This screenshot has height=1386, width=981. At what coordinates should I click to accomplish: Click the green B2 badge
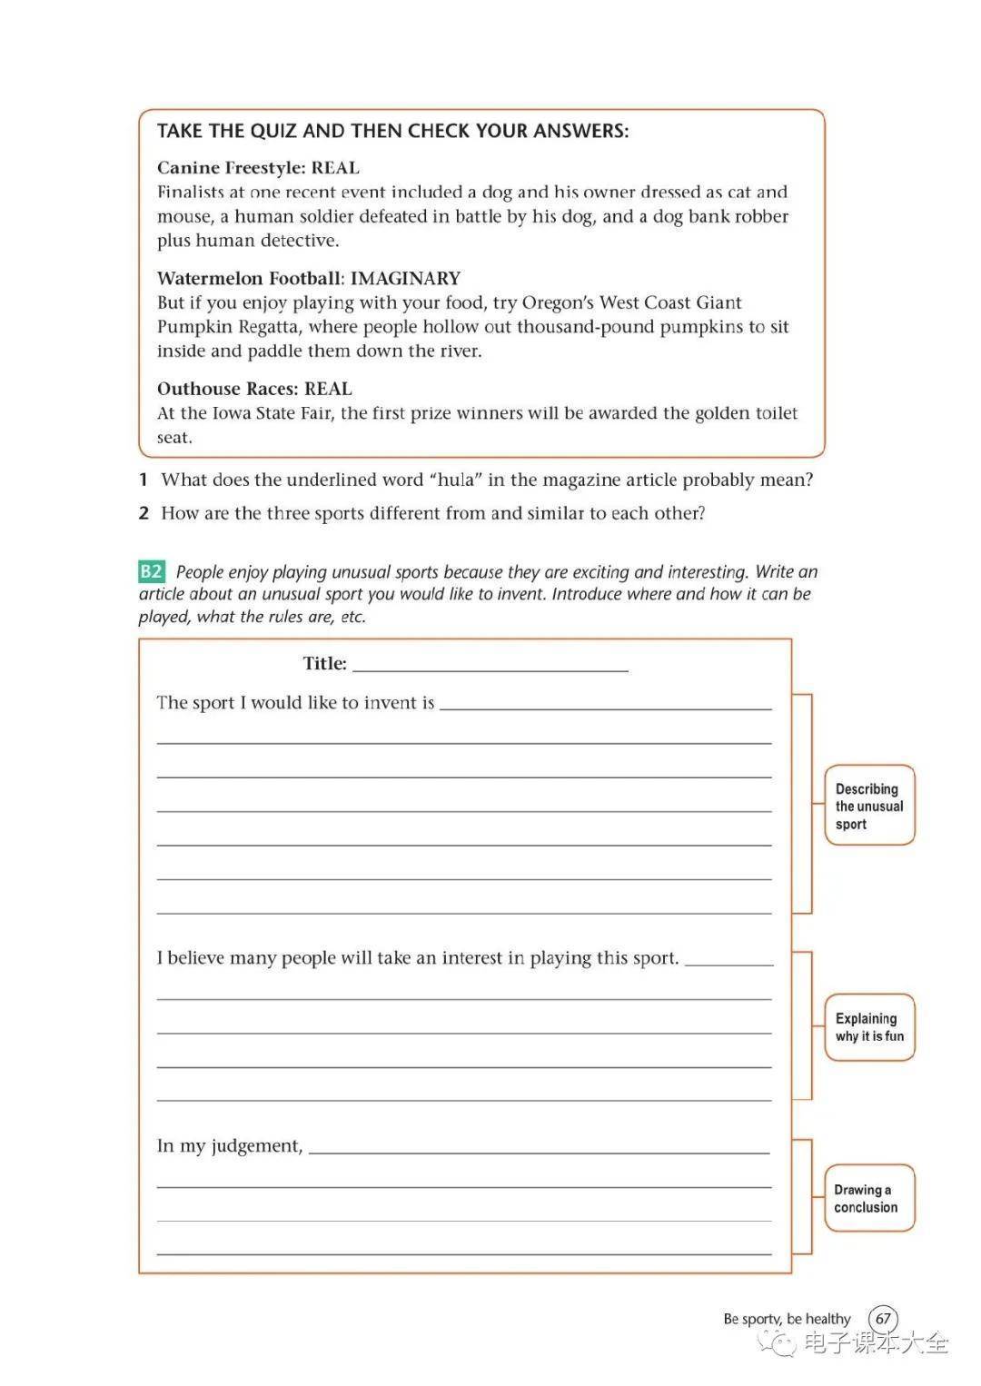[151, 571]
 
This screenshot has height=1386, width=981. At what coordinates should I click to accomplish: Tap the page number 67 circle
[883, 1319]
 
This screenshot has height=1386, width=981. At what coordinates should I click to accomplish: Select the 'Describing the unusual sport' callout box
[869, 806]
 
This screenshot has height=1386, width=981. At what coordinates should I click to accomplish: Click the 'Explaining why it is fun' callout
[869, 1027]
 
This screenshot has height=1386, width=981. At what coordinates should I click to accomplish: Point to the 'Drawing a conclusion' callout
[868, 1198]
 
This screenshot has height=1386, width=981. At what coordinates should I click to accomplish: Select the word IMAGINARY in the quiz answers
[405, 278]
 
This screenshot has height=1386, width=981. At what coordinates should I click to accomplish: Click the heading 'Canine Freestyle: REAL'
[258, 167]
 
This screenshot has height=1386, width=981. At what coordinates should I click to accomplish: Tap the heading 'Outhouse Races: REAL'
[254, 389]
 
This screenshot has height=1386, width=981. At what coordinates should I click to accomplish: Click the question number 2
[144, 513]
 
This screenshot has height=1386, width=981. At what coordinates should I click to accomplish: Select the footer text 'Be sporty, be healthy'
[787, 1319]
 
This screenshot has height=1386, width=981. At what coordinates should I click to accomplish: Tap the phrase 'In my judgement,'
[229, 1146]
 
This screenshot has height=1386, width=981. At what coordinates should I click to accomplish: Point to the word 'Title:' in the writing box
[324, 664]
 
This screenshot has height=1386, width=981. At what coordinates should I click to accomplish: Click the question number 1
[144, 480]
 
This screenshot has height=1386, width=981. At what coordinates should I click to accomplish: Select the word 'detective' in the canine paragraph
[300, 241]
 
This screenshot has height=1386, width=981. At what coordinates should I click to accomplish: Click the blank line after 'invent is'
[605, 704]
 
